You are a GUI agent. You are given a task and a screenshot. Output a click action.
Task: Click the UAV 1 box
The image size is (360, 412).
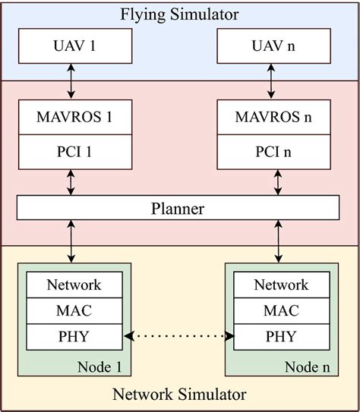(70, 47)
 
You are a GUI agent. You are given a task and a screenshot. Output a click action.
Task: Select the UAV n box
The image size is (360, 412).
(276, 47)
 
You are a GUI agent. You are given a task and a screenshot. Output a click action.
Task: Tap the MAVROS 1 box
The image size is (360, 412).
(70, 118)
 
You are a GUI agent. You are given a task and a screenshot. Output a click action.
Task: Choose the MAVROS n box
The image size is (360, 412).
(276, 118)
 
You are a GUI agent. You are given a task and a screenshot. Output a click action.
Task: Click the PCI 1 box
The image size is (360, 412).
(70, 153)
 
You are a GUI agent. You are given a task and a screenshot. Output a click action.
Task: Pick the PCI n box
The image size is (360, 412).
(276, 153)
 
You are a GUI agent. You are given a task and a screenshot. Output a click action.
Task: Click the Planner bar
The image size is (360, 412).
(178, 207)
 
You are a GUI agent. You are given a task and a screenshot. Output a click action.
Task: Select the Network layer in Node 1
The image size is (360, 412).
(74, 285)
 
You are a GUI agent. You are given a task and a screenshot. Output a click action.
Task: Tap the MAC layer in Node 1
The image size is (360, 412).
(74, 310)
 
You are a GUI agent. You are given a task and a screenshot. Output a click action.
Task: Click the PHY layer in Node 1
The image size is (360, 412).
(74, 335)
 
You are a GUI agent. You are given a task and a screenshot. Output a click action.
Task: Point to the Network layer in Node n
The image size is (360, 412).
(281, 285)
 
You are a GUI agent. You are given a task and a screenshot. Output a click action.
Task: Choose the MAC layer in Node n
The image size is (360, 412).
(281, 310)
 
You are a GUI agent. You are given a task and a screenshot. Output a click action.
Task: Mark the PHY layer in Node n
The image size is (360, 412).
(281, 335)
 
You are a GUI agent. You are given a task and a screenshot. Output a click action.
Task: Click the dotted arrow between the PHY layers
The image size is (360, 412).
(178, 335)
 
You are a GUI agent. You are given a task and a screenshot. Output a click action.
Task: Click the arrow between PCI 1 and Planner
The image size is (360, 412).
(70, 182)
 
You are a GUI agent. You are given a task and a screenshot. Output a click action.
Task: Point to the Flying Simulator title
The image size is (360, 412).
(179, 14)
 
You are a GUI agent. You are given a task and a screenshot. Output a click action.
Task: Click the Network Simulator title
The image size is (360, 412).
(179, 395)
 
